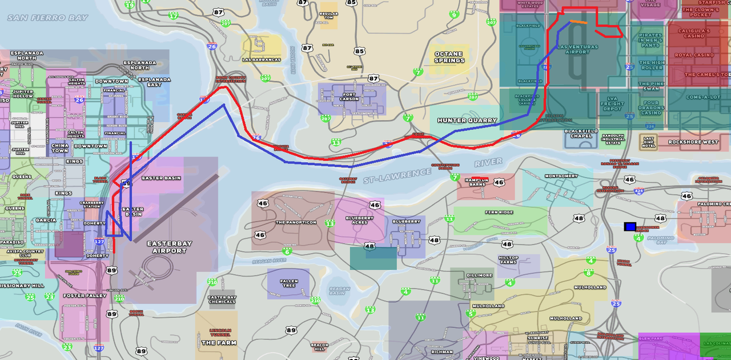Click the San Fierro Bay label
pos(48,18)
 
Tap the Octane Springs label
pos(449,57)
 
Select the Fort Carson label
pos(350,97)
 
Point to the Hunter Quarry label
pos(463,120)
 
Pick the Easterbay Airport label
pos(170,247)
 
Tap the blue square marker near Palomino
pos(630,227)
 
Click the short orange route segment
pos(578,22)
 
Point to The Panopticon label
pos(296,222)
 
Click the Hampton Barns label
pos(477,182)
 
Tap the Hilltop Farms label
pos(508,259)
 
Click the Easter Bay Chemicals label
pos(222,299)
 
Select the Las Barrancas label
pos(262,59)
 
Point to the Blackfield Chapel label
pos(581,134)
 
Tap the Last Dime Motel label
pos(648,142)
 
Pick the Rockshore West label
pos(693,142)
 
